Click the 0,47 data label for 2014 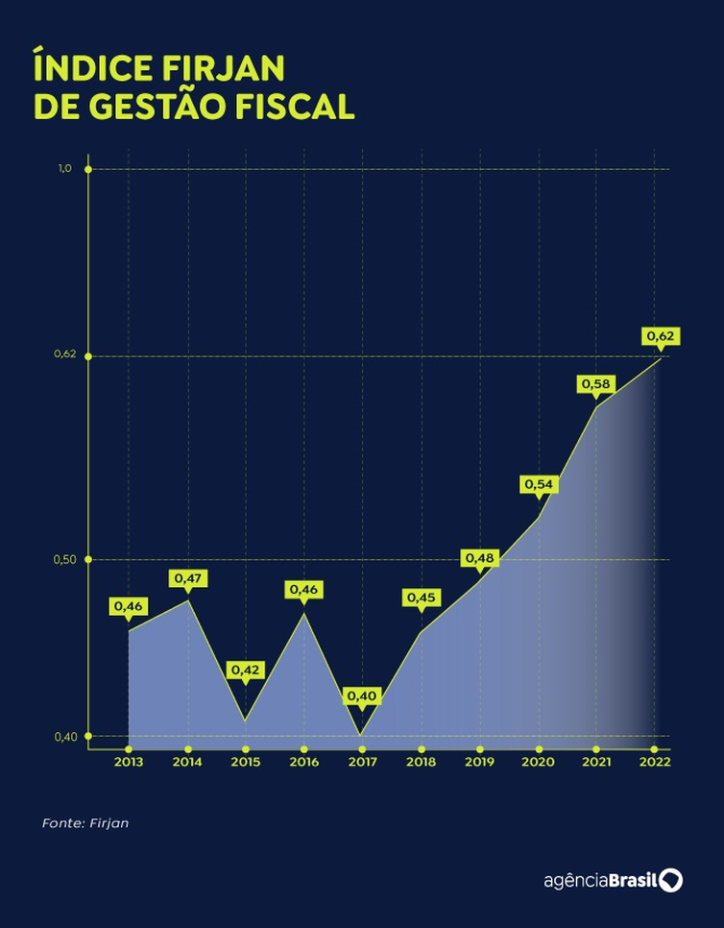[x=187, y=578]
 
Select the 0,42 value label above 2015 [x=245, y=670]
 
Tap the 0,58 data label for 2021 [x=595, y=383]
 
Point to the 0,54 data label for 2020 [x=539, y=484]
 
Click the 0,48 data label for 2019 [x=479, y=558]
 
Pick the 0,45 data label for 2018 [x=421, y=598]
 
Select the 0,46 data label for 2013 [x=129, y=606]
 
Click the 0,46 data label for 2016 [x=303, y=589]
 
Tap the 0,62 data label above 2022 [x=660, y=336]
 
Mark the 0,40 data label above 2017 [x=362, y=695]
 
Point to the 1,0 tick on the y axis [x=65, y=169]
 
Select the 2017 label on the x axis [x=362, y=762]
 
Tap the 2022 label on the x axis [x=655, y=762]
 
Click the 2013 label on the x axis [x=129, y=762]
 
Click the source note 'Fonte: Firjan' [x=85, y=823]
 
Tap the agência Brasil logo [x=613, y=881]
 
